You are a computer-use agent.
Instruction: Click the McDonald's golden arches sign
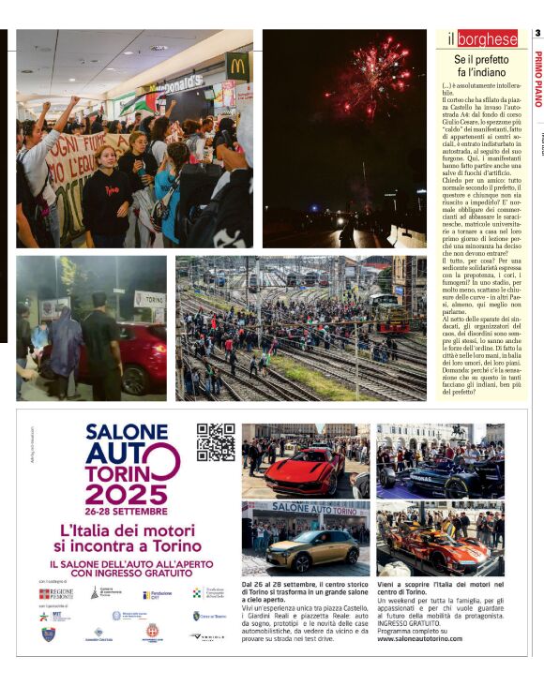click(237, 67)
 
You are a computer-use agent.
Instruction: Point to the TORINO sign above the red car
click(149, 299)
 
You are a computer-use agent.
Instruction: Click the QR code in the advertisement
click(216, 442)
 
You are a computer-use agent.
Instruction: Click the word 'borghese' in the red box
click(488, 39)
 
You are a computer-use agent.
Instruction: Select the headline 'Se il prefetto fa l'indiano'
click(480, 66)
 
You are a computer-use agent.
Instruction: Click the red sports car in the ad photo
click(300, 469)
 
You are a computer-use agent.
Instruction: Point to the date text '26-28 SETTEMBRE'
click(132, 512)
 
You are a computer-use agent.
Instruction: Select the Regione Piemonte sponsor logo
click(56, 593)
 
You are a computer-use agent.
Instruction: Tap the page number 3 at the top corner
click(537, 34)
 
